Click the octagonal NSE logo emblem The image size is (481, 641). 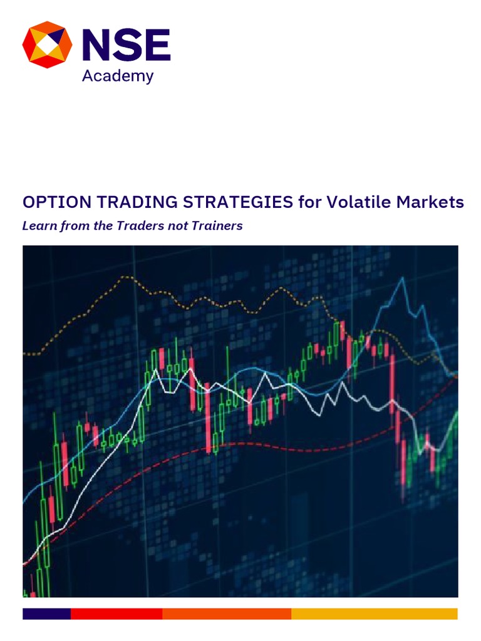[x=47, y=45]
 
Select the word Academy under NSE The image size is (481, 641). [x=118, y=76]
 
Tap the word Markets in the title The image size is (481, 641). [x=432, y=202]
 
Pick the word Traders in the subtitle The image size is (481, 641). [x=138, y=226]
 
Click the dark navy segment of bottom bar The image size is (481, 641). [x=46, y=613]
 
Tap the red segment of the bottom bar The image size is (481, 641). [x=116, y=613]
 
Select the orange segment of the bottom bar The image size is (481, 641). [x=227, y=613]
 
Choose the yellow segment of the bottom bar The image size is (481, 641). [x=375, y=613]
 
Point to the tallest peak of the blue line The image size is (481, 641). [x=401, y=278]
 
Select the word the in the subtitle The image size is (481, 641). [x=103, y=226]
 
